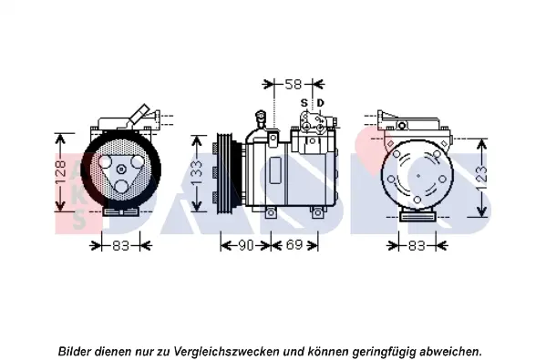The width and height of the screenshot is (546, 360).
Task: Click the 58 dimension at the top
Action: click(293, 84)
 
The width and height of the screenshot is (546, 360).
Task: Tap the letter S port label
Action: click(304, 103)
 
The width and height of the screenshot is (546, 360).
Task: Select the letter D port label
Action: click(320, 103)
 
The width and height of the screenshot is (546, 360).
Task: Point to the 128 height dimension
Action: click(60, 172)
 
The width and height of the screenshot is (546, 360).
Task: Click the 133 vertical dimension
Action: click(196, 173)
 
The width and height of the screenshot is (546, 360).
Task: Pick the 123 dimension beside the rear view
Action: click(481, 178)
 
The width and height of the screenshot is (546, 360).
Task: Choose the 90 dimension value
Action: click(246, 245)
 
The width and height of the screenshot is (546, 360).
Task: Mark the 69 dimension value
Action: click(294, 245)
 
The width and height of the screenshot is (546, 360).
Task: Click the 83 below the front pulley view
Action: click(121, 246)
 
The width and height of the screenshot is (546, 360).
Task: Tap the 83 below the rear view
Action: click(417, 246)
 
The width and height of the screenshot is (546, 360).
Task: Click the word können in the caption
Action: click(327, 351)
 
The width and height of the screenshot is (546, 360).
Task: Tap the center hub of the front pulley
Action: click(121, 170)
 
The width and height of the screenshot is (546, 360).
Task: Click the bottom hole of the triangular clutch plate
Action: click(121, 187)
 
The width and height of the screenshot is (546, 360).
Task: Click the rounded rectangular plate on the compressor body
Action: click(275, 170)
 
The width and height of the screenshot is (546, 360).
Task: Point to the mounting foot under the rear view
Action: click(417, 216)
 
